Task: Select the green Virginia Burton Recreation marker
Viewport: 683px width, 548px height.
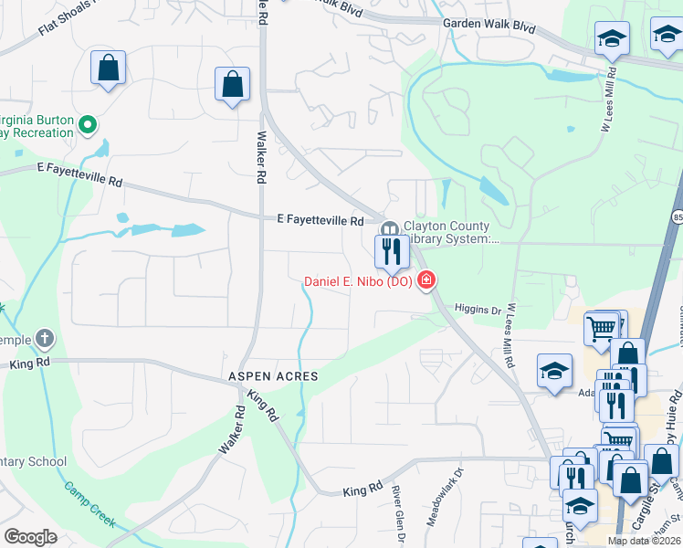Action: pos(88,123)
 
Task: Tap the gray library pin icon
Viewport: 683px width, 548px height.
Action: pos(390,229)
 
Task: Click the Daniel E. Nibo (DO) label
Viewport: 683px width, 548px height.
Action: pos(358,281)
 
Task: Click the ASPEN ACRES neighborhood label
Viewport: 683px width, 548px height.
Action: pos(273,376)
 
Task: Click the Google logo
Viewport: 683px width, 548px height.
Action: pos(30,537)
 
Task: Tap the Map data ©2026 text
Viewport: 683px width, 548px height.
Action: pos(645,541)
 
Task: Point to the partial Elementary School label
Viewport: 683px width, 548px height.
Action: pos(34,461)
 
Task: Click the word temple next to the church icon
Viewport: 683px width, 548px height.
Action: pos(15,340)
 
